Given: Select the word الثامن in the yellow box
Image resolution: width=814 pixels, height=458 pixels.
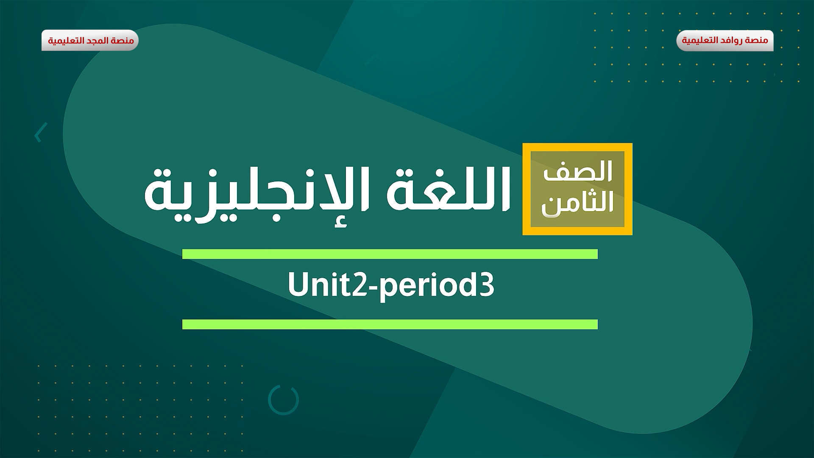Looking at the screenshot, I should tap(577, 204).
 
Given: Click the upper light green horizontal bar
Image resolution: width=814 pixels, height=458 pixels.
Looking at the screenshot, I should tap(390, 254).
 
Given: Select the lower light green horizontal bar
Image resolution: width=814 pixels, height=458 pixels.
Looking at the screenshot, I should tap(390, 324).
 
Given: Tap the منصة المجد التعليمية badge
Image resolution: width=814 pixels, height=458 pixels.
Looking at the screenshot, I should tap(90, 41).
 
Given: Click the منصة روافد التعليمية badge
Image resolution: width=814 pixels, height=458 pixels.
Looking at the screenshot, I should tap(725, 41).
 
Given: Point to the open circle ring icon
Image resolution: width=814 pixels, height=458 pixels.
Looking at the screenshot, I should tap(283, 400).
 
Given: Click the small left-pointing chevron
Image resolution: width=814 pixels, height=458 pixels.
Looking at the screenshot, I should tap(40, 132).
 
